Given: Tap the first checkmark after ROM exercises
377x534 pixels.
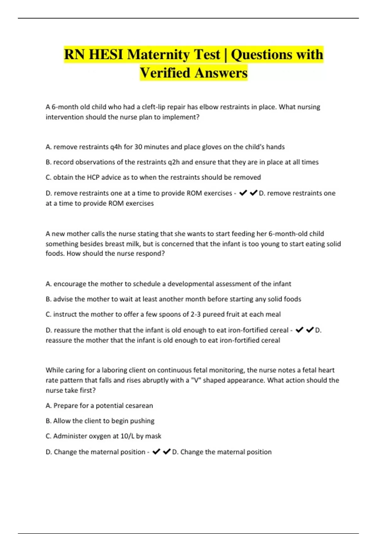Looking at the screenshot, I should tap(243, 193).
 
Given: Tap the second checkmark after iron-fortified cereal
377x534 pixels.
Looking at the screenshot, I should tap(310, 330).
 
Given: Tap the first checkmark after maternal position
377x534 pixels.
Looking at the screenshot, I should tap(156, 452).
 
